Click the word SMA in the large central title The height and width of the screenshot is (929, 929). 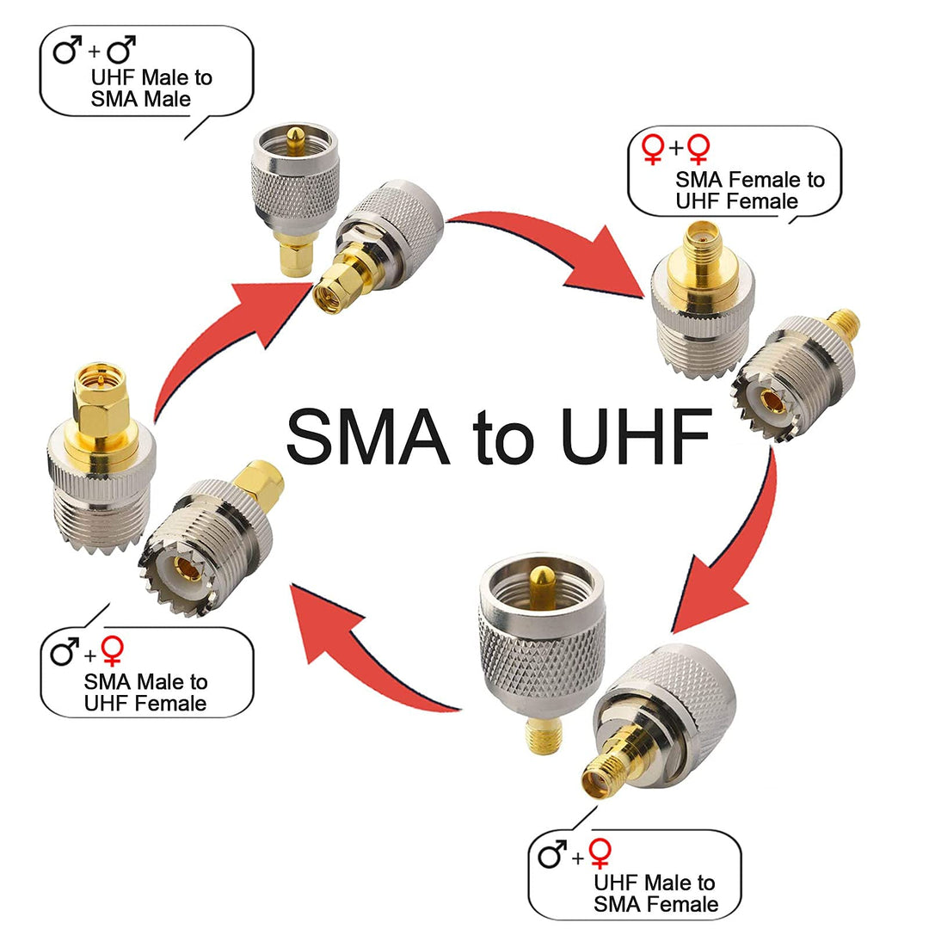point(367,436)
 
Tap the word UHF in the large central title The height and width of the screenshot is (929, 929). point(636,436)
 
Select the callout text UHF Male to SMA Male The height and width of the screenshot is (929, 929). point(151,88)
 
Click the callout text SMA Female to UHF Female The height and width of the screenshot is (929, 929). point(749,190)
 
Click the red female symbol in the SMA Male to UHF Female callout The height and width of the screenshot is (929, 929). point(112,651)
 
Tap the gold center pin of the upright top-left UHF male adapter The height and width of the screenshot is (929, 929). point(295,138)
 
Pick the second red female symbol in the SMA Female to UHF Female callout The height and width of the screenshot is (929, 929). point(698,151)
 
